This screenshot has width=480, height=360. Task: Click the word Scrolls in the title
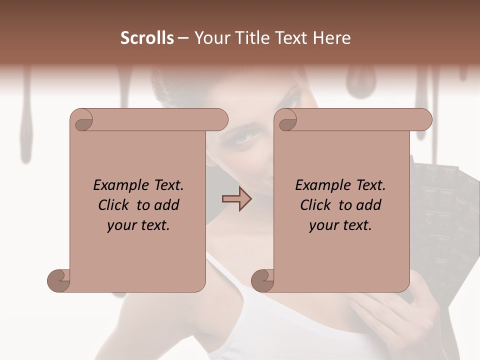[x=147, y=38]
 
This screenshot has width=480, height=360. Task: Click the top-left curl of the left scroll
[x=81, y=120]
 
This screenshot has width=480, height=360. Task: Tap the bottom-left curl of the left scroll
[x=58, y=280]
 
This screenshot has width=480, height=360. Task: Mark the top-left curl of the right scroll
[x=286, y=120]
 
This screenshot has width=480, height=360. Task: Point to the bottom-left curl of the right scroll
[x=262, y=280]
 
